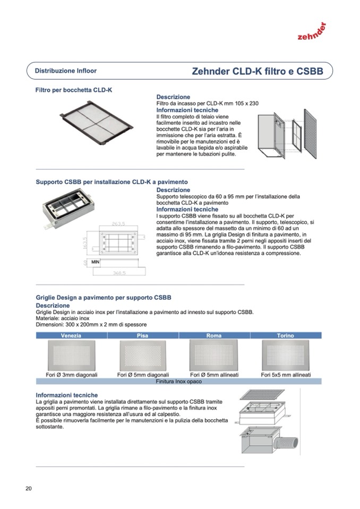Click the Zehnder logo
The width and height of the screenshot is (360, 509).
point(312,32)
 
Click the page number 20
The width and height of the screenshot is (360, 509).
point(28,488)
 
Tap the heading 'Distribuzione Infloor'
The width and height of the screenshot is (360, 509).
point(66,71)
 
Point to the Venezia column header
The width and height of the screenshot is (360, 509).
point(71,335)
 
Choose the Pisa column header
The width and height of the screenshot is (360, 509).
point(142,335)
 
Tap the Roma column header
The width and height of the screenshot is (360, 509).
point(213,335)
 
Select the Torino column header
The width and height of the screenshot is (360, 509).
point(285,335)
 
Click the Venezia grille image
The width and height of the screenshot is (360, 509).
point(71,355)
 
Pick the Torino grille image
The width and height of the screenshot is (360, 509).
point(286,355)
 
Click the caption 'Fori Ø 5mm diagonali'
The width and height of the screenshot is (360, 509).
point(142,375)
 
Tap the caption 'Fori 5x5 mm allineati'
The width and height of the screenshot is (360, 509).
point(286,375)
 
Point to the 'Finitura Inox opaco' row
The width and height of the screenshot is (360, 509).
point(178,381)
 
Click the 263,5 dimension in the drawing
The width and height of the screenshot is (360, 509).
point(118,223)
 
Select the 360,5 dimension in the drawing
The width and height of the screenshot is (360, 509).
point(119,273)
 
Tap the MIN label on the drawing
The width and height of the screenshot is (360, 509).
point(96,262)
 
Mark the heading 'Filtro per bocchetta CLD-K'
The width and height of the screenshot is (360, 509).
point(74,90)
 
